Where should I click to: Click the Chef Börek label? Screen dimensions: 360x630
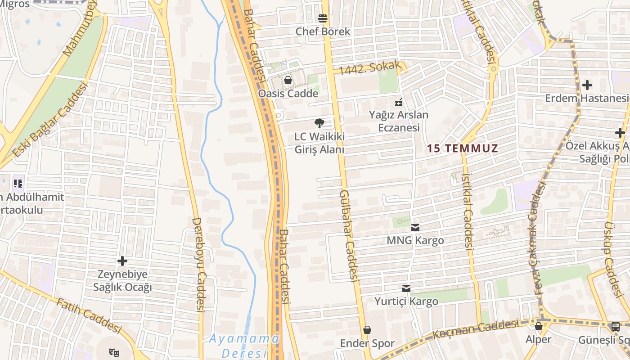[x=323, y=31]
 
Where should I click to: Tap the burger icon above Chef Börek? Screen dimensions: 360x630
[x=322, y=18]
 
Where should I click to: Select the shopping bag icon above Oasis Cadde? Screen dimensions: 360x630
[x=288, y=81]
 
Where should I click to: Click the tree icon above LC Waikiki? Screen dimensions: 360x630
[x=319, y=123]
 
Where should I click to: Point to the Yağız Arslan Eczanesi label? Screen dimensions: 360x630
[x=399, y=121]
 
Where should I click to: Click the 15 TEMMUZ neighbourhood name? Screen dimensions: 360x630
[x=463, y=148]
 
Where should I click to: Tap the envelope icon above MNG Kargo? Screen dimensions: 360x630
[x=415, y=228]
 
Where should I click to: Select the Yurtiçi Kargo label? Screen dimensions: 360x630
[x=406, y=301]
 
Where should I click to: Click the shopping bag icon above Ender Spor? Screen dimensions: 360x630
[x=367, y=330]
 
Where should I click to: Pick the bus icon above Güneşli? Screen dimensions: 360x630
[x=615, y=327]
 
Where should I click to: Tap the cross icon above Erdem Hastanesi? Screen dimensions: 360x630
[x=587, y=85]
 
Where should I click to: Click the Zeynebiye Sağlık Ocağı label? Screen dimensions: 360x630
[x=122, y=281]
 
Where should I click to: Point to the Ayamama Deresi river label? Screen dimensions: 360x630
[x=245, y=345]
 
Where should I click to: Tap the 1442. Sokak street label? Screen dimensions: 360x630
[x=369, y=68]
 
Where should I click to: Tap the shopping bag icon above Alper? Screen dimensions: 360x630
[x=538, y=326]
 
